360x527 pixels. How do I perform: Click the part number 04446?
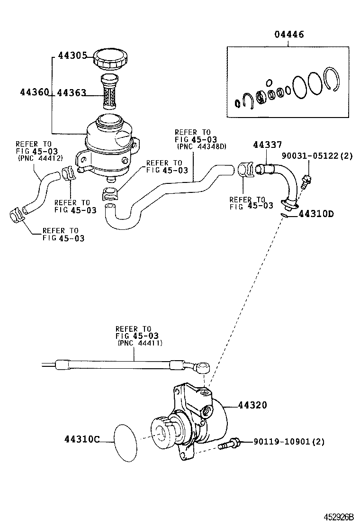coord(289,35)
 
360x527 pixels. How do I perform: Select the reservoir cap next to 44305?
coord(110,59)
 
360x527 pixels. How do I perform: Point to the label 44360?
coord(34,93)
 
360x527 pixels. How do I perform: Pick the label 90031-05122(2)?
coord(316,155)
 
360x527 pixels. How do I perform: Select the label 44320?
coord(252,405)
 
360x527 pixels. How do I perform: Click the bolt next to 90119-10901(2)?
coord(229,445)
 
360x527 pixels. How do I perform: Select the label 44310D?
coord(316,214)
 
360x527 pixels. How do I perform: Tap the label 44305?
coord(72,55)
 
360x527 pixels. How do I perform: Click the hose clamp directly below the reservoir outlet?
coord(110,193)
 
